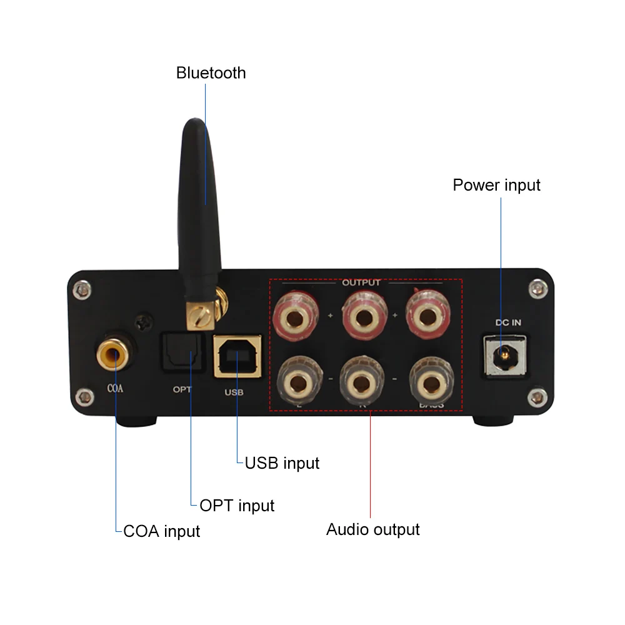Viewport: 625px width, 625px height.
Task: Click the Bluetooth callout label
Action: pos(211,73)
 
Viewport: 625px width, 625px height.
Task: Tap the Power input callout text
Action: pos(496,186)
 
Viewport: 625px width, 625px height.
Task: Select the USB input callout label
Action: pos(282,463)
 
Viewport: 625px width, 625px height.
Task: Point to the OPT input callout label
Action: pos(237,505)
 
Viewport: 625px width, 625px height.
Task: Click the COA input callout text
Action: pos(162,532)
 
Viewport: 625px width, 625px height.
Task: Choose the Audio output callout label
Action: pos(373,530)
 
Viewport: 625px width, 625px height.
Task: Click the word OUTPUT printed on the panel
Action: pos(361,282)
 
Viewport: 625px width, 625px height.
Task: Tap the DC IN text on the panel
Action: pos(508,323)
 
